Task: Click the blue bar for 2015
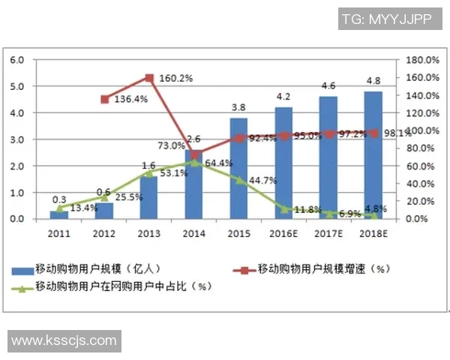tap(238, 169)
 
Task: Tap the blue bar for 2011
tap(59, 214)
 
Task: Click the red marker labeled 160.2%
tap(149, 78)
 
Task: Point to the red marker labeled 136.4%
tap(105, 99)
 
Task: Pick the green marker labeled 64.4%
tap(194, 162)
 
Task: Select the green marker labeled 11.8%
tap(284, 208)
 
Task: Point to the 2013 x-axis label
tap(149, 234)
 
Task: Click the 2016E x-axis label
tap(284, 234)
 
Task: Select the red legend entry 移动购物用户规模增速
tap(315, 268)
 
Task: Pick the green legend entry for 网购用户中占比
tap(112, 286)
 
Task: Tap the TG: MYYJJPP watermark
tap(386, 19)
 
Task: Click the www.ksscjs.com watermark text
tap(64, 340)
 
